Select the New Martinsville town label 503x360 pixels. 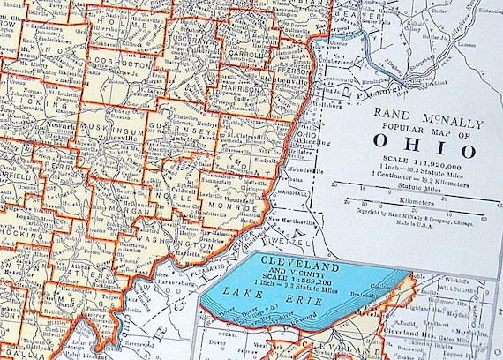tap(291, 217)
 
